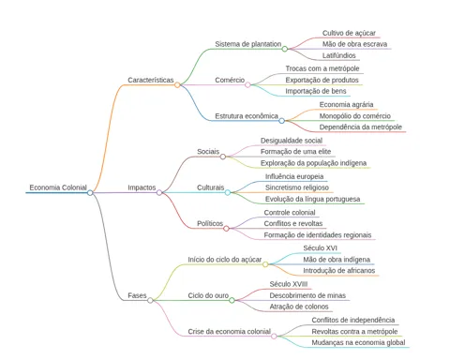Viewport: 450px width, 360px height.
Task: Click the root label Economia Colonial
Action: [x=58, y=187]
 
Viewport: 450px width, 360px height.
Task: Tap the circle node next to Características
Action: [x=177, y=84]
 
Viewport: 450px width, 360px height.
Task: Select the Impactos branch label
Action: [x=142, y=187]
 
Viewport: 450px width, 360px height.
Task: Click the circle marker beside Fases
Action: [x=150, y=300]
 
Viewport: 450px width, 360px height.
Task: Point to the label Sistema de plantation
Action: [x=248, y=44]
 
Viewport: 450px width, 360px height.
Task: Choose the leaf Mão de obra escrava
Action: [x=354, y=44]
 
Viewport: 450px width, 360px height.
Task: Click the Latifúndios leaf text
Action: [x=339, y=55]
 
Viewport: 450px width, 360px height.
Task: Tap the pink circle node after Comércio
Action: [x=247, y=84]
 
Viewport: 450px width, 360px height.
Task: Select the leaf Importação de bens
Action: [x=316, y=91]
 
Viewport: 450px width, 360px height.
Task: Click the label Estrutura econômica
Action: [x=247, y=116]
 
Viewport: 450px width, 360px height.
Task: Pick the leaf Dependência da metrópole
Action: [x=361, y=127]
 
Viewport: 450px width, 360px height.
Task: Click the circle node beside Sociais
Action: [x=223, y=157]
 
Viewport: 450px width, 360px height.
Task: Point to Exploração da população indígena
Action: [x=313, y=163]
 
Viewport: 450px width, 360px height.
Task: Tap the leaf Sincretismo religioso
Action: [x=297, y=187]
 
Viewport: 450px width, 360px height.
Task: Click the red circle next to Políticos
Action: [x=226, y=229]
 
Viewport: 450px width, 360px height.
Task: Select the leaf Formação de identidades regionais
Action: [x=318, y=234]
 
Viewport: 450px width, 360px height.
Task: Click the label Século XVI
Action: [x=320, y=248]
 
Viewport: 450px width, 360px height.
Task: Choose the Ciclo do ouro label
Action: [x=208, y=295]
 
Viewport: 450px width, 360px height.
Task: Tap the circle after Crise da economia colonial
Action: [x=274, y=337]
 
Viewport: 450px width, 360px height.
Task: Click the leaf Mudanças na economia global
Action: [x=358, y=342]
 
